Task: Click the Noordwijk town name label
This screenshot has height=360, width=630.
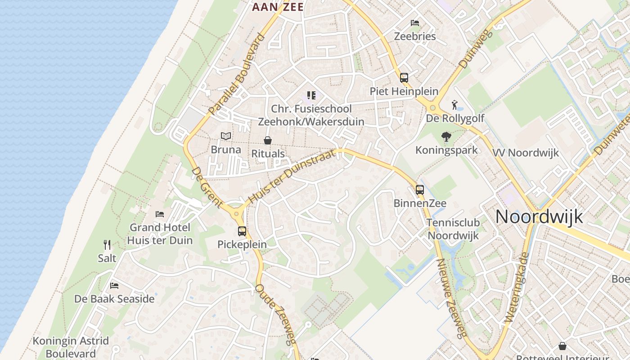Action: click(539, 217)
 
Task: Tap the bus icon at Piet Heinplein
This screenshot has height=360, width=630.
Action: click(404, 77)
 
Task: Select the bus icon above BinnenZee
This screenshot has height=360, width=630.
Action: click(420, 189)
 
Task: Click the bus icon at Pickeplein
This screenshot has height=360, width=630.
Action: click(242, 231)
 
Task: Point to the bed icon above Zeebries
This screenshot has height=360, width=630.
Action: click(415, 23)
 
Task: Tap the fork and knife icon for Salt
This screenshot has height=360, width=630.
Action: click(107, 245)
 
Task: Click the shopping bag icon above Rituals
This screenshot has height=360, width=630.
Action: click(268, 140)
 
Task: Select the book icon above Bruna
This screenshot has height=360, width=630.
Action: click(226, 136)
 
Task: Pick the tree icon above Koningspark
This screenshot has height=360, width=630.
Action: click(446, 136)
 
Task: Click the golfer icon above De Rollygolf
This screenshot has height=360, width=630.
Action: click(455, 105)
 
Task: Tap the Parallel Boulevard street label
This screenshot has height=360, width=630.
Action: click(237, 74)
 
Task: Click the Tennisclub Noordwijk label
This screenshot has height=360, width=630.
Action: click(453, 229)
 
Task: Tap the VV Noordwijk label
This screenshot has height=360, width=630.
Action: click(526, 153)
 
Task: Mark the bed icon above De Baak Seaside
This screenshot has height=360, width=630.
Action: click(114, 285)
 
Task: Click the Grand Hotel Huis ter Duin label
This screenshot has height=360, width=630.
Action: click(160, 234)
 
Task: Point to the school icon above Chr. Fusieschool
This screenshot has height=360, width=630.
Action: click(311, 95)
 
